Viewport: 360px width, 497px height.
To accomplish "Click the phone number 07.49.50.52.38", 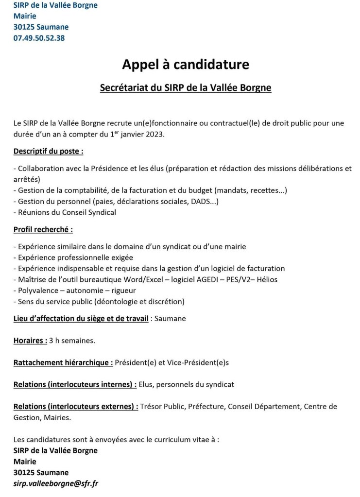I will coord(39,38).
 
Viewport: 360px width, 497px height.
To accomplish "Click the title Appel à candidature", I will coord(185,65).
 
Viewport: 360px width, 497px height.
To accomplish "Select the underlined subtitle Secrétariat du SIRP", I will coord(185,88).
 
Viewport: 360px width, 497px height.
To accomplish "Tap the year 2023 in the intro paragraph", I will coord(154,135).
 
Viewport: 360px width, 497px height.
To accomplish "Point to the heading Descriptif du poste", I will coord(48,151).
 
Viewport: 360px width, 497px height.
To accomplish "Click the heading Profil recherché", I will coord(43,229).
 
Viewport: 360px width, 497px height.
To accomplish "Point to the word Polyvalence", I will coord(39,290).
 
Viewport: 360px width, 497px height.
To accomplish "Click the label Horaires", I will coord(30,340).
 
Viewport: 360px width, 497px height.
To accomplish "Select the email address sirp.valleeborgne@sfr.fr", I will coord(56,483).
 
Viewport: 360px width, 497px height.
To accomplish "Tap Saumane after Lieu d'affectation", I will coord(170,318).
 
